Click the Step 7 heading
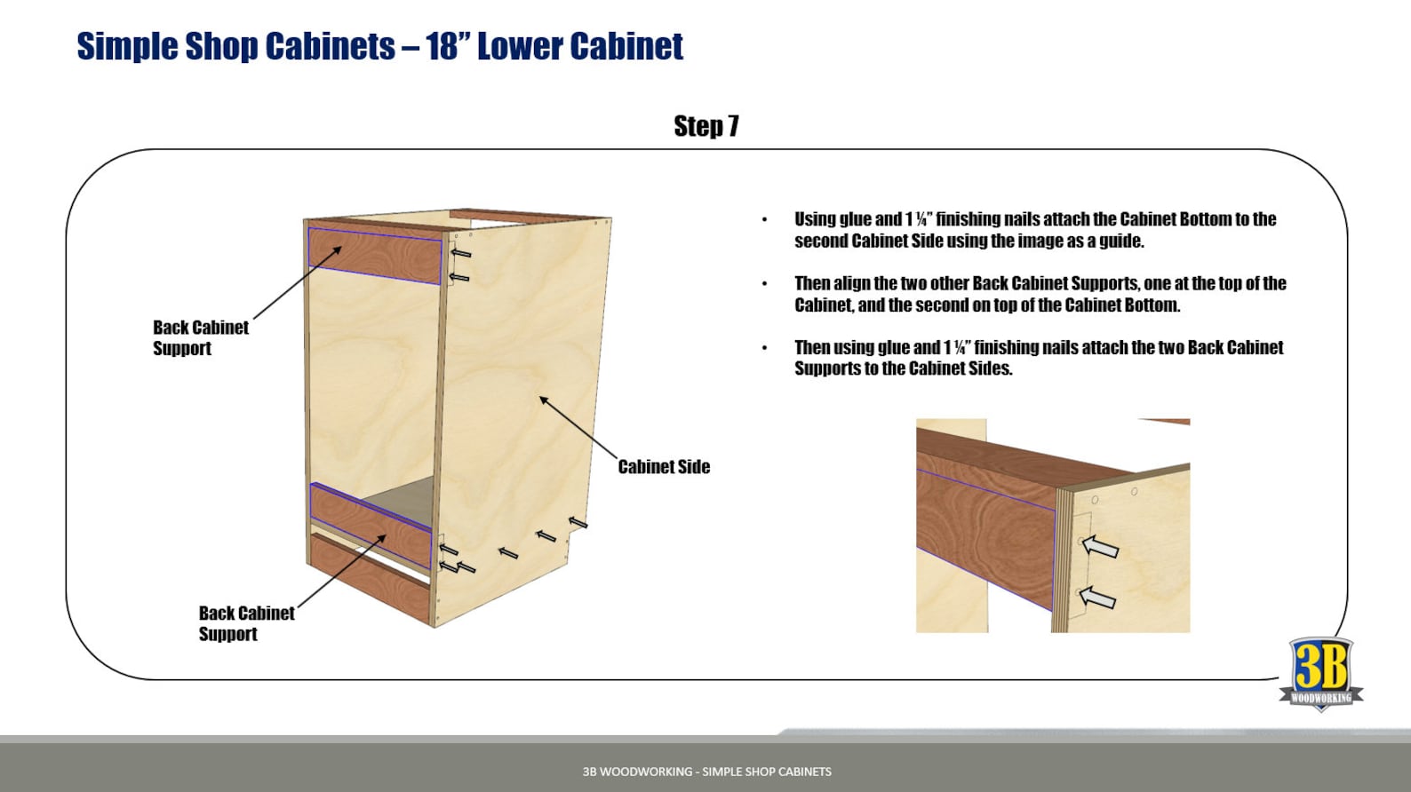pos(705,126)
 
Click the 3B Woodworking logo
pos(1320,674)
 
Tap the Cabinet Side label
pos(664,467)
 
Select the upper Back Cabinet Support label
pos(200,337)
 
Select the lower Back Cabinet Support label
pos(246,623)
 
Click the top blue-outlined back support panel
pos(374,255)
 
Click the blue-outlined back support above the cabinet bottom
pos(371,525)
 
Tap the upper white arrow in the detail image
pos(1100,546)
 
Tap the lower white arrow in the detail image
pos(1097,598)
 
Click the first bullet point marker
pos(764,220)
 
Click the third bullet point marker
pos(764,348)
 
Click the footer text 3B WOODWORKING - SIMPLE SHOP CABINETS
pos(706,772)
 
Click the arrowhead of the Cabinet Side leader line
pos(543,400)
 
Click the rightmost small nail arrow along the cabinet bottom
pos(578,522)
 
